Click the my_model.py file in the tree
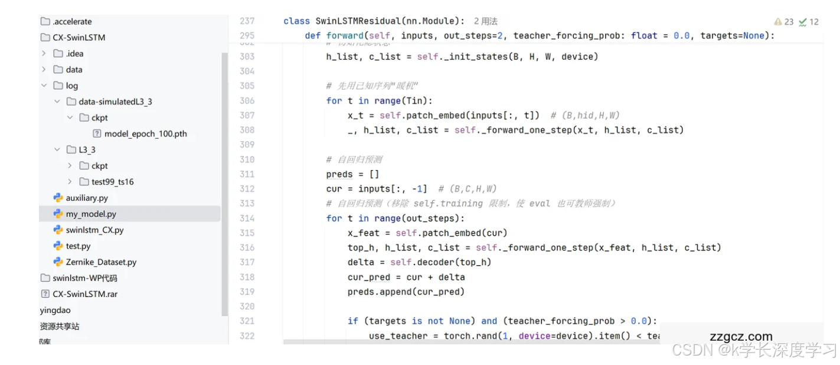point(90,214)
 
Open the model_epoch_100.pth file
point(145,133)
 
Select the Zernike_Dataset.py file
point(101,262)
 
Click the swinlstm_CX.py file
point(94,230)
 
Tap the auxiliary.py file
point(87,198)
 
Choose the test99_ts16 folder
point(112,181)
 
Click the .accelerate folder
point(72,21)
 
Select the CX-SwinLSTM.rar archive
point(84,294)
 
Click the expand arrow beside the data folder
point(44,69)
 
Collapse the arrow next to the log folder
point(44,86)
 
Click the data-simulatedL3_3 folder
point(115,102)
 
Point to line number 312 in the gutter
point(247,188)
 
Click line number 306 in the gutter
point(247,100)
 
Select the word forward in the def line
point(345,35)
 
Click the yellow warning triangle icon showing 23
point(778,22)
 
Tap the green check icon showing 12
point(803,22)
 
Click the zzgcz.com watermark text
point(741,337)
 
